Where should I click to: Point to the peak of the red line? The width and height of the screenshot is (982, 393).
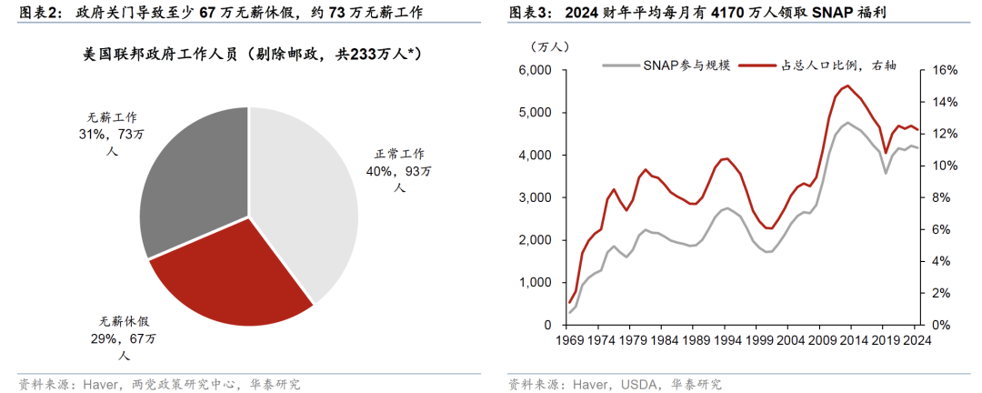[847, 86]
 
